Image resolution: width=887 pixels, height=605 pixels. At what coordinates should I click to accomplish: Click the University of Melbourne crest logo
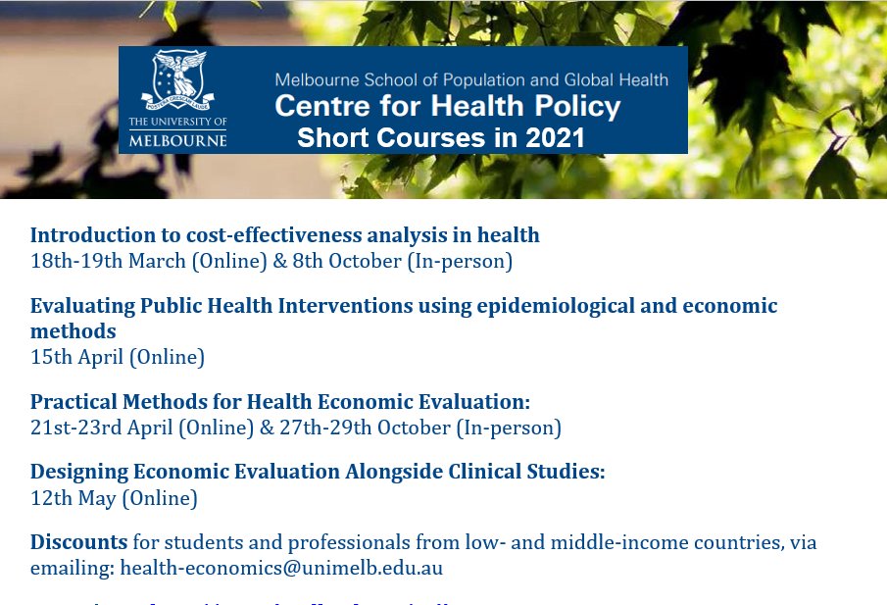click(x=178, y=81)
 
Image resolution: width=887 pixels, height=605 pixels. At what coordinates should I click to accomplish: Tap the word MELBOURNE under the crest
click(x=177, y=139)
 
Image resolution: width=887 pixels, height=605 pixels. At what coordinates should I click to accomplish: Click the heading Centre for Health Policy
click(x=447, y=106)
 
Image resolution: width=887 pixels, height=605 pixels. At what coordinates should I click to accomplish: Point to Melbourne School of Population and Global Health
click(x=470, y=79)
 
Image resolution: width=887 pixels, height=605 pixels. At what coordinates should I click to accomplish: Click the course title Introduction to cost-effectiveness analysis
click(x=284, y=234)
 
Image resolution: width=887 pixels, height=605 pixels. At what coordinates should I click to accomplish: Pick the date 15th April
click(x=77, y=357)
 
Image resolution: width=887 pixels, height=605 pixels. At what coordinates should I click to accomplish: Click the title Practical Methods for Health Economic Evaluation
click(x=279, y=401)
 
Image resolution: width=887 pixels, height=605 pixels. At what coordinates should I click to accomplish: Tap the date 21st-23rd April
click(x=102, y=428)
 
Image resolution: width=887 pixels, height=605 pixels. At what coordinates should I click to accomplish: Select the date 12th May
click(x=74, y=498)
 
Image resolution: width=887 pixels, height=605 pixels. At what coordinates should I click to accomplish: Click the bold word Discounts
click(x=78, y=541)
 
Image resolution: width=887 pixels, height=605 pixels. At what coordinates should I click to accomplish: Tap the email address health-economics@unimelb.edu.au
click(x=281, y=567)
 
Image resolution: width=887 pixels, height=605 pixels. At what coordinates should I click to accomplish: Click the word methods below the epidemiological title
click(x=73, y=331)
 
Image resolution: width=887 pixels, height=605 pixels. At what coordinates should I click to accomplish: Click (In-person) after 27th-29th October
click(x=509, y=428)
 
